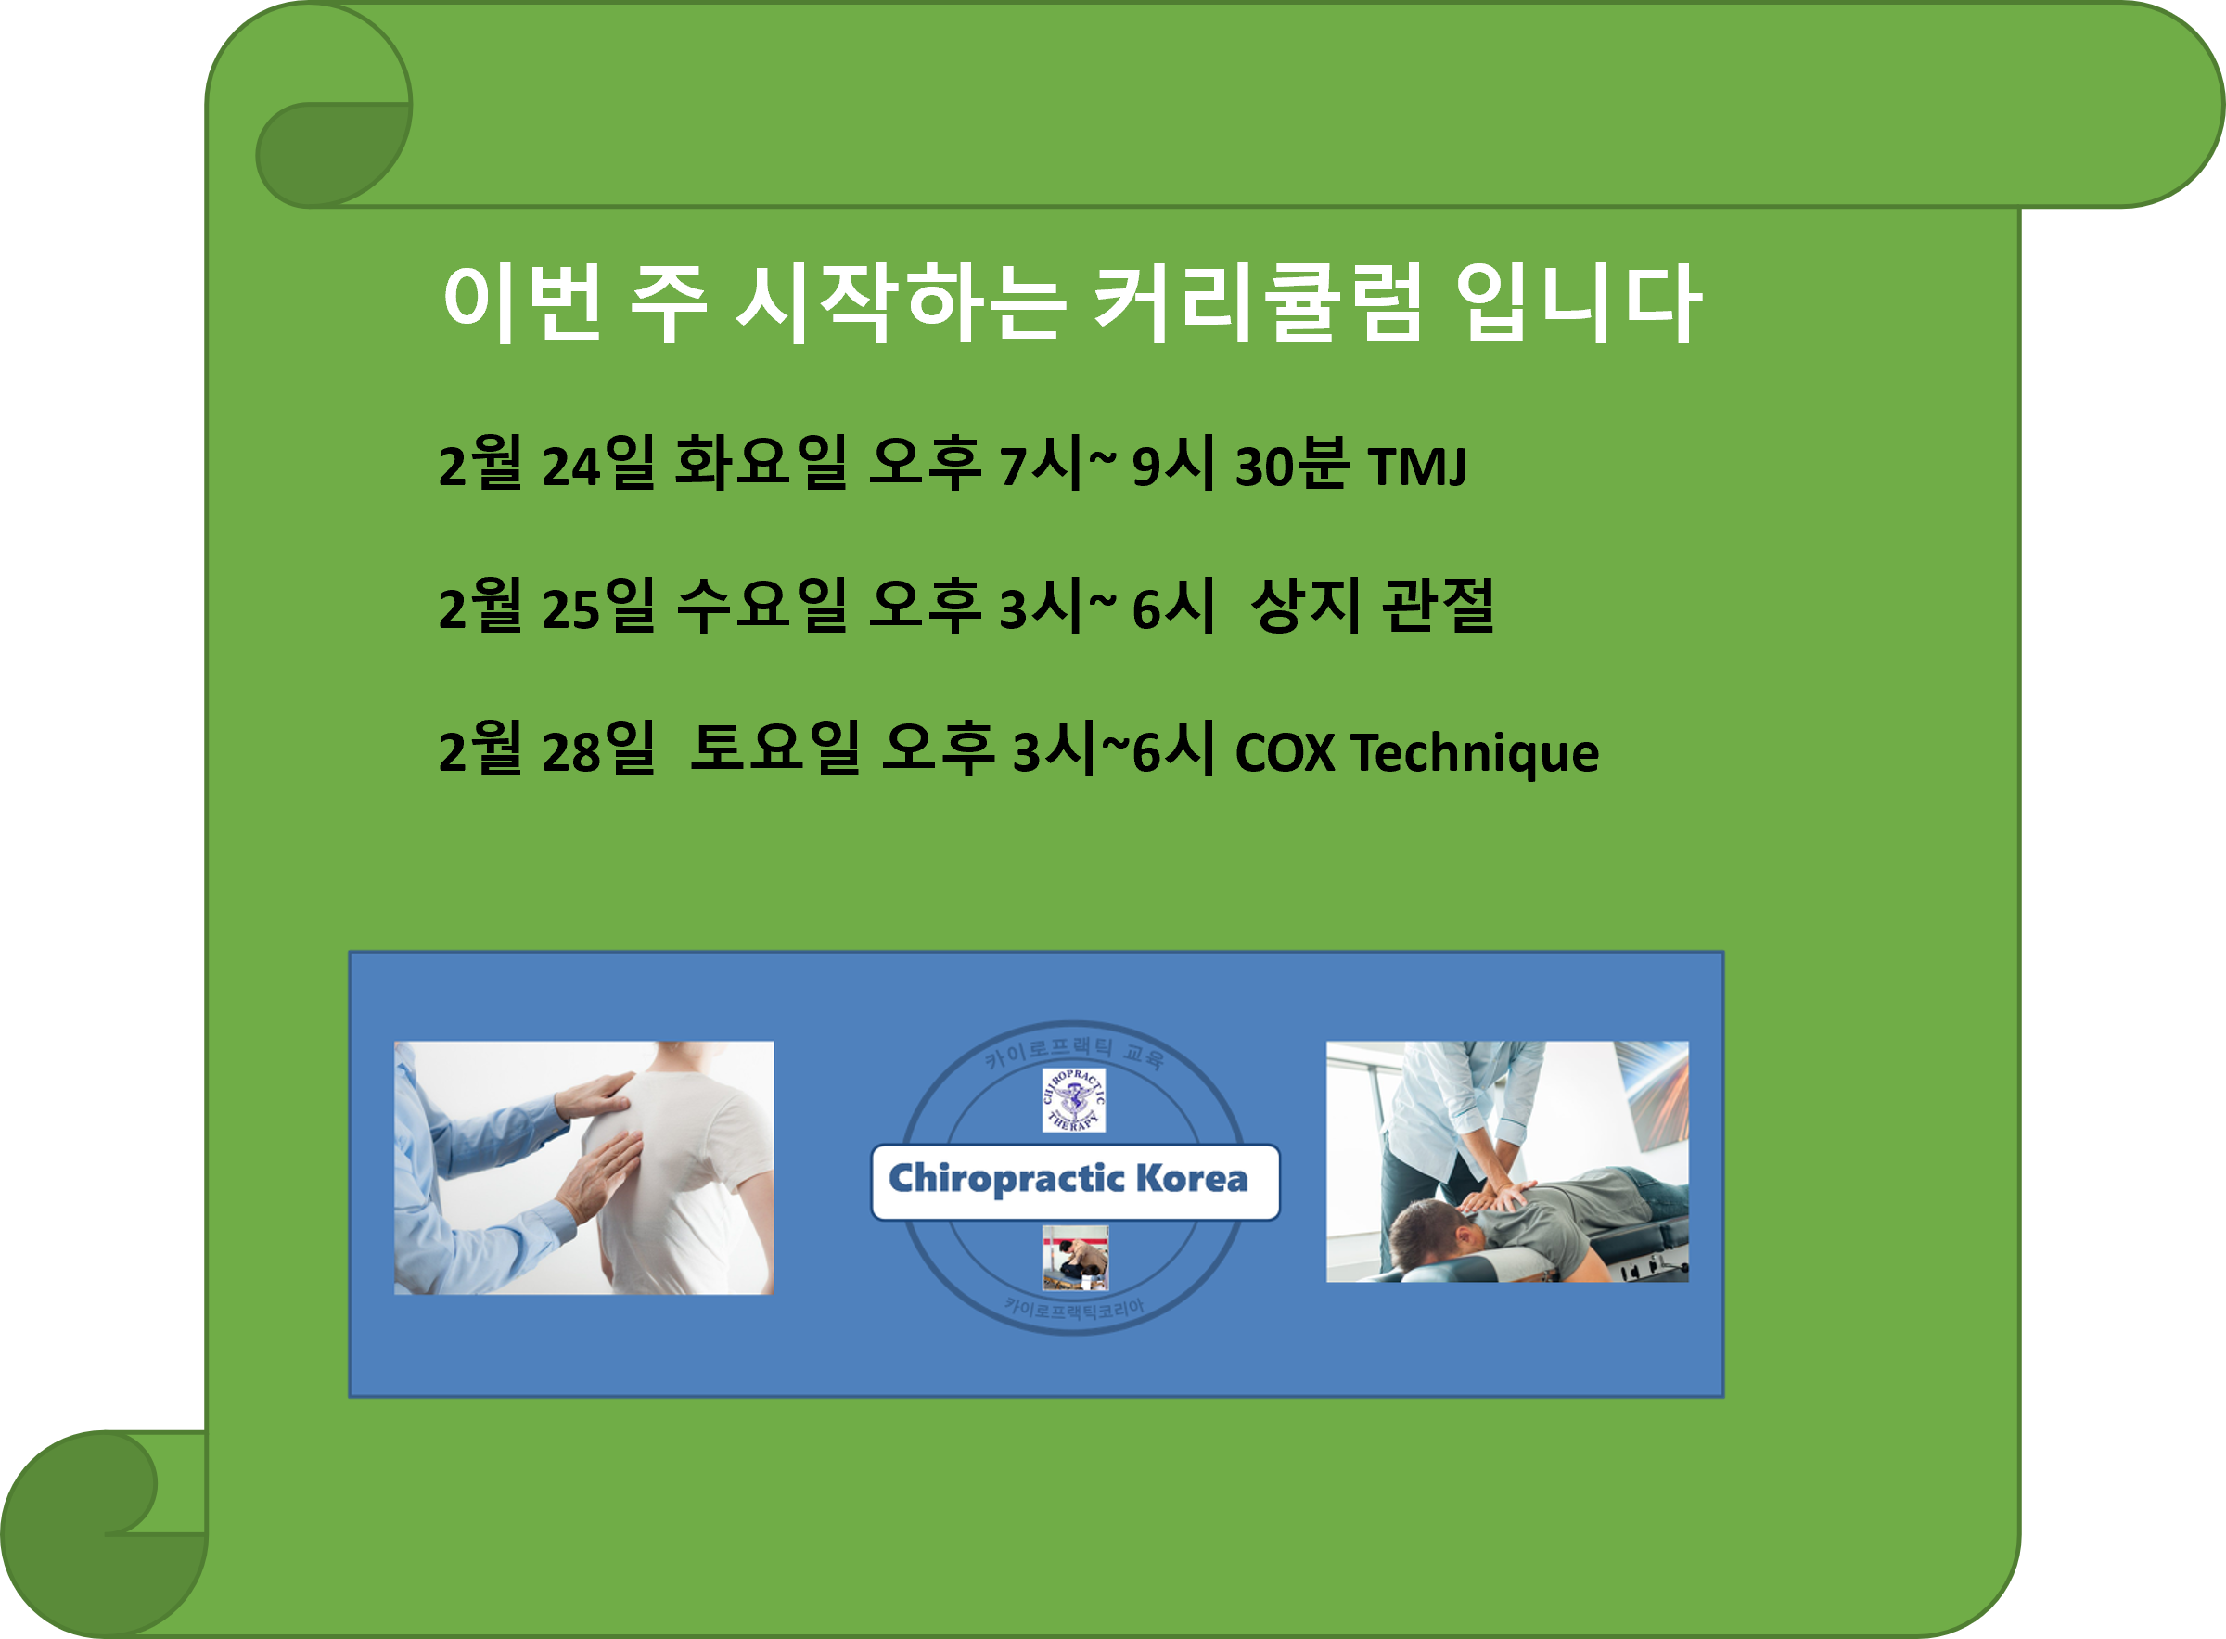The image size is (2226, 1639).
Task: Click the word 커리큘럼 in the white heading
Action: click(1258, 302)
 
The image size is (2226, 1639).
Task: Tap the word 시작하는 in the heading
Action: click(901, 302)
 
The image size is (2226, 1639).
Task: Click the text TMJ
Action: click(1416, 467)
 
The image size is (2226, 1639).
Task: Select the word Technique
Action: click(1475, 753)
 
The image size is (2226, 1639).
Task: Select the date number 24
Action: click(571, 467)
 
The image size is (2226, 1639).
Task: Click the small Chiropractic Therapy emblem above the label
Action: click(1073, 1099)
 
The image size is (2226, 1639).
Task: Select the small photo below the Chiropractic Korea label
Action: click(1075, 1257)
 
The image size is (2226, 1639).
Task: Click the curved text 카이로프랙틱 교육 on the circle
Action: click(1073, 1049)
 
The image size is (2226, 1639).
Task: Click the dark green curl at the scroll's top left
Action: click(332, 154)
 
